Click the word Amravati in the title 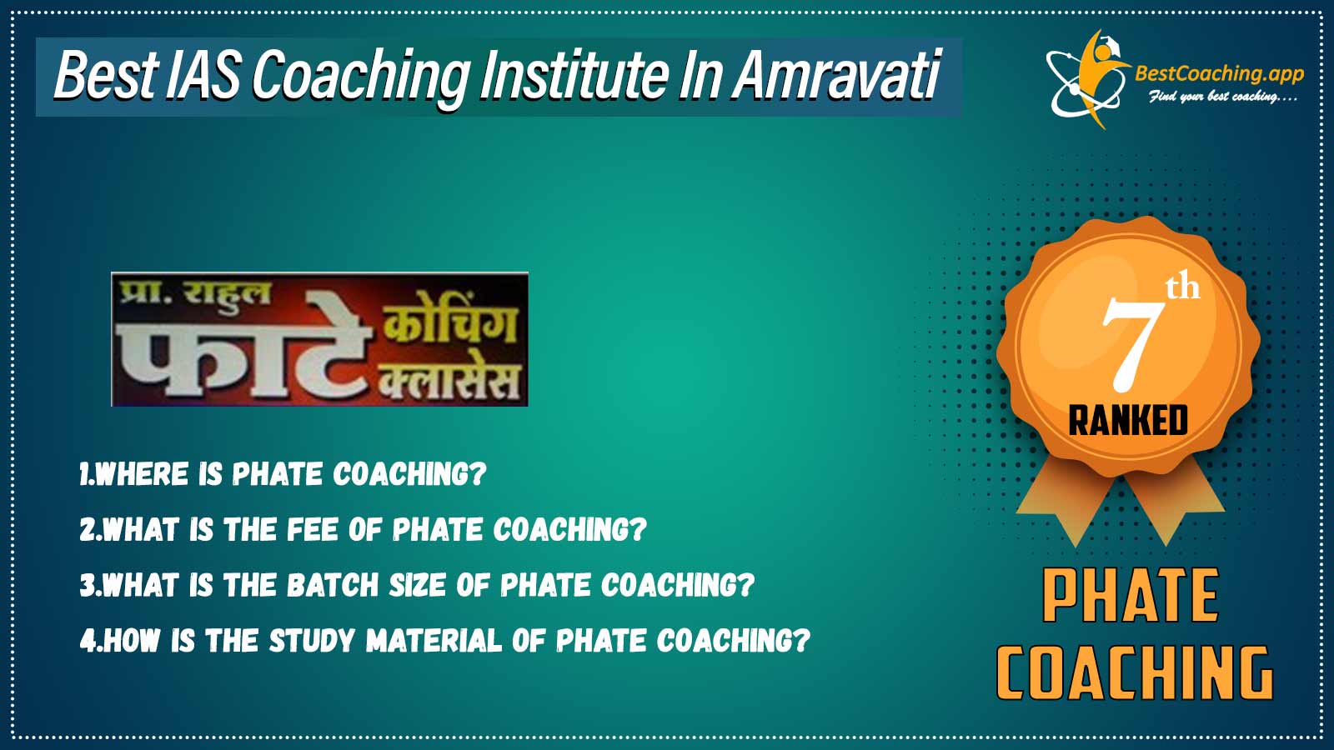click(836, 76)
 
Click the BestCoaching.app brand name click(1219, 74)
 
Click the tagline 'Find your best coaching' click(1221, 97)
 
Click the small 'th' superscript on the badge click(1182, 288)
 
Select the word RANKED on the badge click(1128, 420)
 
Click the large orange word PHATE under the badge click(1131, 596)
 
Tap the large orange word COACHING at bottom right click(1134, 672)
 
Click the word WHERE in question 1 click(142, 474)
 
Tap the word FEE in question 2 click(313, 530)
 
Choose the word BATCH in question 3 click(333, 585)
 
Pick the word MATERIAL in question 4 click(434, 641)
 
